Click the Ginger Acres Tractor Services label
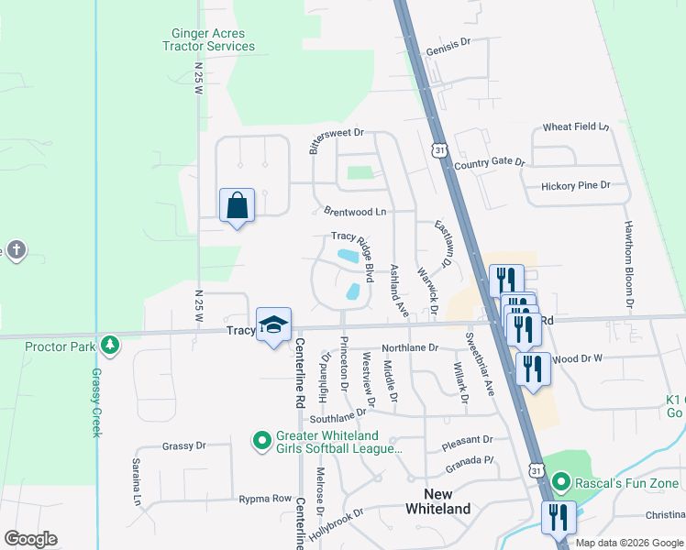(x=208, y=38)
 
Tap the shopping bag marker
(x=237, y=206)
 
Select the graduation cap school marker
(x=273, y=325)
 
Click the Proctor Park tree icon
(x=110, y=346)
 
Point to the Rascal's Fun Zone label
(x=626, y=483)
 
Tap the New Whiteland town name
(x=437, y=501)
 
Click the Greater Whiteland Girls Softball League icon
(x=262, y=442)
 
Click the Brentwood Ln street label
(x=355, y=211)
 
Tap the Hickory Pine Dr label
(x=575, y=185)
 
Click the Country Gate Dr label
(x=489, y=163)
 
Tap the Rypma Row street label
(x=264, y=499)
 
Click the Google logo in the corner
(x=30, y=539)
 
